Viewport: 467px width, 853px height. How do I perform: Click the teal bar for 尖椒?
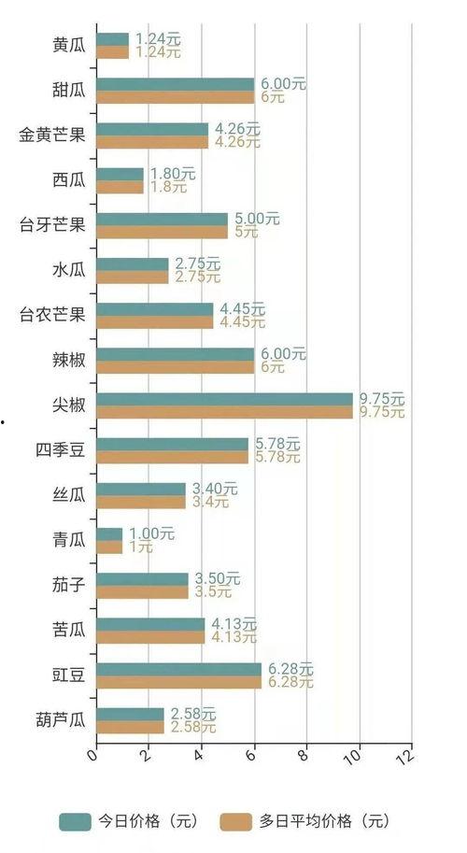(x=224, y=399)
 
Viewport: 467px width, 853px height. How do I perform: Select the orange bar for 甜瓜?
(x=175, y=97)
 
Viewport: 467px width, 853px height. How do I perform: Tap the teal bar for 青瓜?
(x=109, y=533)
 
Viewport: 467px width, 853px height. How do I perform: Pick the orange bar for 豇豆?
(x=178, y=682)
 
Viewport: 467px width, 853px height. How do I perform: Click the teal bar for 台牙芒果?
(x=162, y=219)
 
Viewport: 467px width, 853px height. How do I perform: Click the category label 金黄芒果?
(x=52, y=135)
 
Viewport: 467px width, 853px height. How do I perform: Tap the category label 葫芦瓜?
(x=61, y=720)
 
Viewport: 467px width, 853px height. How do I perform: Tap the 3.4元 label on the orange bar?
(x=208, y=502)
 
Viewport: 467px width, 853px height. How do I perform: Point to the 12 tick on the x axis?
(x=404, y=755)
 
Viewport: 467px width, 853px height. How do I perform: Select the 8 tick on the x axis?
(x=303, y=754)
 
